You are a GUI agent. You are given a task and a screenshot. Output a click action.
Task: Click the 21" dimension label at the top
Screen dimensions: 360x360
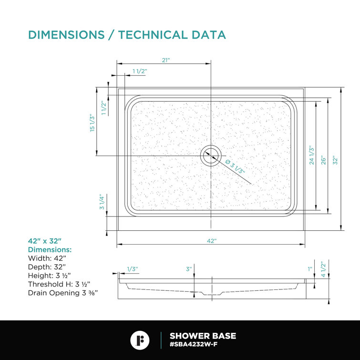(x=166, y=60)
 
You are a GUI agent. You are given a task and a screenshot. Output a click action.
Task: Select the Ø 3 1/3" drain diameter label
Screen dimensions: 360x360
(x=235, y=166)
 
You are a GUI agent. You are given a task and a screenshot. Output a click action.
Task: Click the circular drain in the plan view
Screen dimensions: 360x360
(x=211, y=155)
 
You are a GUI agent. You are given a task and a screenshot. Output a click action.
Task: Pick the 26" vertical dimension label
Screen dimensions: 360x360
(x=323, y=160)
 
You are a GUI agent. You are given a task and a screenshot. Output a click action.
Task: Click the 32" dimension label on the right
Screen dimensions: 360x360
(x=335, y=160)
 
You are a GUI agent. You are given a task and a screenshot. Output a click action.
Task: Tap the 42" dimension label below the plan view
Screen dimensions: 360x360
(x=212, y=241)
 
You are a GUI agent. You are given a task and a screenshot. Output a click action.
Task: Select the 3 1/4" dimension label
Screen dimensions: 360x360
(x=102, y=202)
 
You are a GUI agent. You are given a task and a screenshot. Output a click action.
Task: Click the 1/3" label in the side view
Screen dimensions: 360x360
(x=133, y=269)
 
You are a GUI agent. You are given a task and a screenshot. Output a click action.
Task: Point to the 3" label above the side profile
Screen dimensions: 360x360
(x=189, y=269)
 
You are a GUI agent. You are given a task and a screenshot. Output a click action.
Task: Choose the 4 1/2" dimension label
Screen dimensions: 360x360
(x=323, y=269)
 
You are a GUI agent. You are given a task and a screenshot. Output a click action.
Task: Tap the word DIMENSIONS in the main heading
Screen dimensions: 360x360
(x=66, y=35)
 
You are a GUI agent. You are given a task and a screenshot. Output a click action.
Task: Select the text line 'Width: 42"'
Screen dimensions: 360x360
(x=47, y=258)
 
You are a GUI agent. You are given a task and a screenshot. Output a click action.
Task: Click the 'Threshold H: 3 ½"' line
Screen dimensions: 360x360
(x=59, y=284)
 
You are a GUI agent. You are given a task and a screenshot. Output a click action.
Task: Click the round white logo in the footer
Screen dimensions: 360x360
(x=140, y=340)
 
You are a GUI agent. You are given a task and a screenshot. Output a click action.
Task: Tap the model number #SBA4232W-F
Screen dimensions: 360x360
(x=194, y=344)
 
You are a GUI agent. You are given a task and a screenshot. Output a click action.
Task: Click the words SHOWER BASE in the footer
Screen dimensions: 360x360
(x=203, y=336)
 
